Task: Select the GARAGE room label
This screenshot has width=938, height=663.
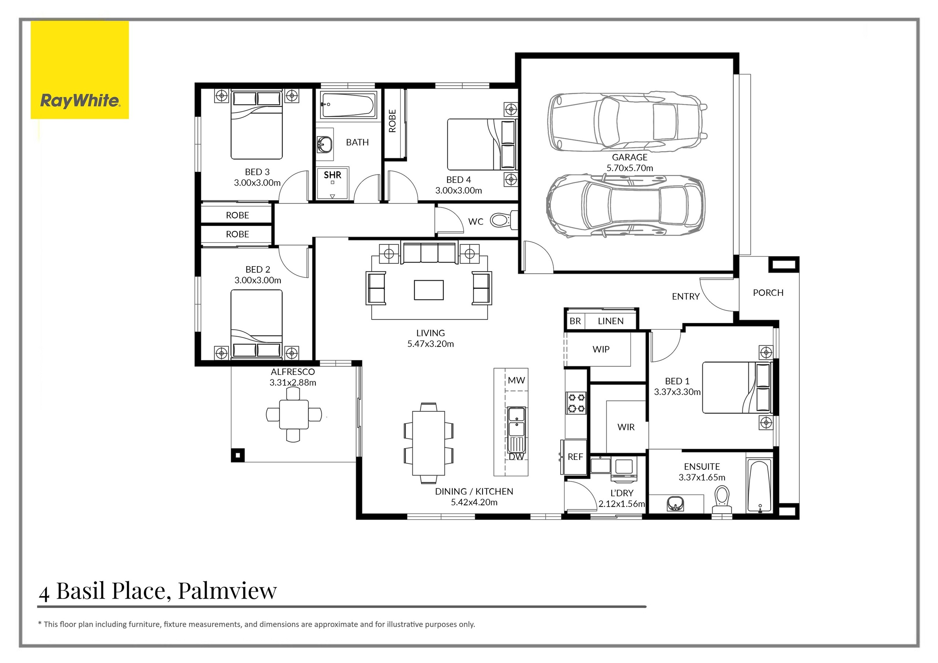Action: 629,157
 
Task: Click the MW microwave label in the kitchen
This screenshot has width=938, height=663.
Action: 516,380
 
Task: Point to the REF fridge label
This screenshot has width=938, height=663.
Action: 575,457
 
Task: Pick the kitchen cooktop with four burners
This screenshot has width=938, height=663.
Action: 576,403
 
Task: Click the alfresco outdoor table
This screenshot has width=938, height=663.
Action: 294,415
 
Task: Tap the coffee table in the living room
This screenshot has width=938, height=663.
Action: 429,290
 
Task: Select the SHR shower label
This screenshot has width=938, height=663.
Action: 333,175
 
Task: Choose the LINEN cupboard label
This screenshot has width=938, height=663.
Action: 611,321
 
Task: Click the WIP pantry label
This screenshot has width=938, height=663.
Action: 601,350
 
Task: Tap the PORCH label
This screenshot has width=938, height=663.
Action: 768,293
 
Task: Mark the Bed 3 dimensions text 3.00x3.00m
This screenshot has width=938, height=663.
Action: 257,183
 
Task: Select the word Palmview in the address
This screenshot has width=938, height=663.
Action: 228,591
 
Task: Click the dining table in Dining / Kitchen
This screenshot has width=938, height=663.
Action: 429,443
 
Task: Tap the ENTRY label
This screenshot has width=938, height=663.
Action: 686,297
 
